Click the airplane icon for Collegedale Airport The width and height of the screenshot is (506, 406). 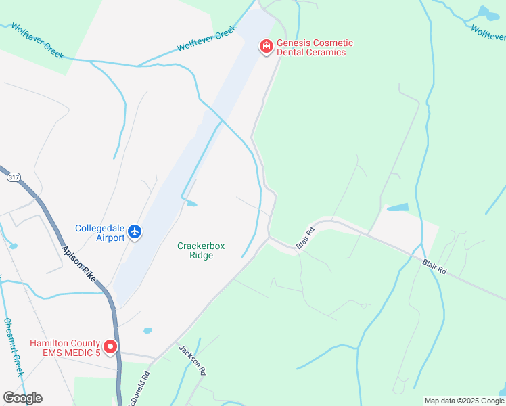[x=135, y=232]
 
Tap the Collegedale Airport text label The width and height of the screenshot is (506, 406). [x=100, y=233]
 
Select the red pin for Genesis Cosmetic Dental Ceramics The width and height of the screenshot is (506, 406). [x=267, y=47]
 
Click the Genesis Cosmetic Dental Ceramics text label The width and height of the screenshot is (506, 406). [x=315, y=47]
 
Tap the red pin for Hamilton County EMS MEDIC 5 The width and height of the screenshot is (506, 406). [x=110, y=348]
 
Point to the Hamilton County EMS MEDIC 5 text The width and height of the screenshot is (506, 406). [x=65, y=348]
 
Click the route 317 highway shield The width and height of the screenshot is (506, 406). [x=14, y=177]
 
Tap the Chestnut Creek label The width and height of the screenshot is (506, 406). [x=14, y=346]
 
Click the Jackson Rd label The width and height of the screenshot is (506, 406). [x=192, y=360]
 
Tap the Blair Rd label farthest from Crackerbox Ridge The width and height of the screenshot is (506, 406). [x=434, y=266]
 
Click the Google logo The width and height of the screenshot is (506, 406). [x=22, y=397]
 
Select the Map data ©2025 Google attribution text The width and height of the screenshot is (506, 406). [x=465, y=401]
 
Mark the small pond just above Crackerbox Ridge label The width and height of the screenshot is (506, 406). [x=192, y=203]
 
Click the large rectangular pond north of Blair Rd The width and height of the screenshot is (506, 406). [x=398, y=207]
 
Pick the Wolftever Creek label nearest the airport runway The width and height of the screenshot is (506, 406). [x=206, y=39]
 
